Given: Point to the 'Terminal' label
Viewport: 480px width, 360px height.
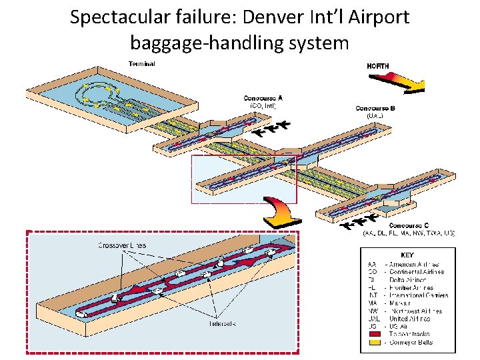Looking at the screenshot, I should click(141, 64).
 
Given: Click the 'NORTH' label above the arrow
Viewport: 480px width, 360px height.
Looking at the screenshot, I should click(378, 66).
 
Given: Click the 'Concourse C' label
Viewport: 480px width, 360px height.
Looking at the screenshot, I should click(409, 225).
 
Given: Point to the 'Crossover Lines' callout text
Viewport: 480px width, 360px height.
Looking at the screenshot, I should click(122, 245).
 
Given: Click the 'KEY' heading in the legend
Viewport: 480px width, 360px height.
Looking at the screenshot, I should click(407, 255).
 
